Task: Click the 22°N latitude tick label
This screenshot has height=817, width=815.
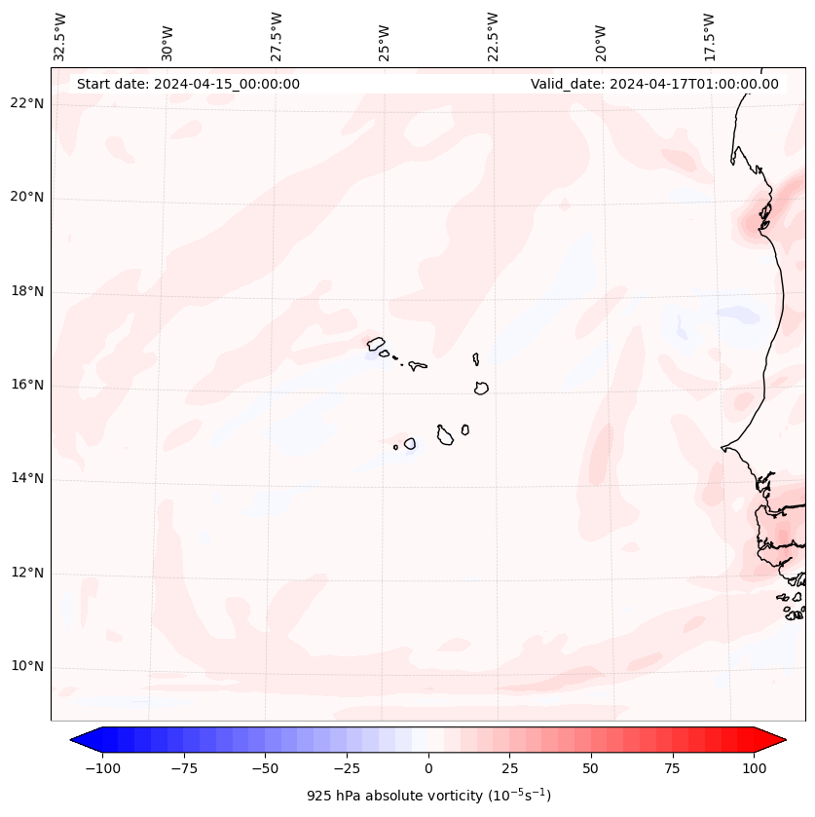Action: pos(27,103)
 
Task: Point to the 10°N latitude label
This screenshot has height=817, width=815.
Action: pos(27,667)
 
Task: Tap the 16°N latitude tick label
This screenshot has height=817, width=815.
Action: pos(27,386)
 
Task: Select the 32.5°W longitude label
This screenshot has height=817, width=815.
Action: pos(60,37)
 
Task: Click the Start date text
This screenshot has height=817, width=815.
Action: pos(188,84)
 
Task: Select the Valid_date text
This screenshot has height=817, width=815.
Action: pos(654,84)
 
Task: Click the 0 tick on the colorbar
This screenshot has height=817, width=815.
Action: pos(428,768)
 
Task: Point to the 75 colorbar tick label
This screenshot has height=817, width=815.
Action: pos(672,768)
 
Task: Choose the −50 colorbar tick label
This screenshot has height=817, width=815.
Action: pos(266,768)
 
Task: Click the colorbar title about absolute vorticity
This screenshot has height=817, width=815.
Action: pos(428,796)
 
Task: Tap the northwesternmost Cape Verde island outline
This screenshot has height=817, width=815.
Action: pos(376,343)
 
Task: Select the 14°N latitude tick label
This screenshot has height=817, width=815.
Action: pos(27,479)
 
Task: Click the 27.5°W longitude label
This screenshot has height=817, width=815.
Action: pos(277,37)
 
